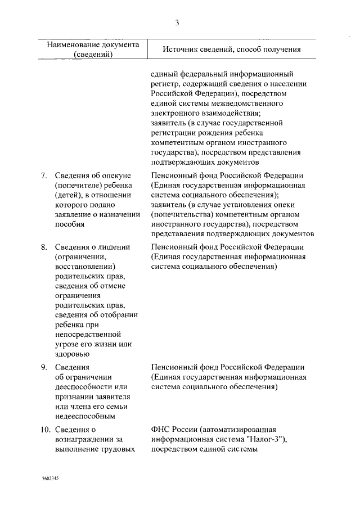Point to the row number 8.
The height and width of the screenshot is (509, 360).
[44, 246]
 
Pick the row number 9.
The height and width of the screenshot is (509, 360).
[44, 367]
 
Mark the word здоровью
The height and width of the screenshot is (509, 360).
[72, 354]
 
